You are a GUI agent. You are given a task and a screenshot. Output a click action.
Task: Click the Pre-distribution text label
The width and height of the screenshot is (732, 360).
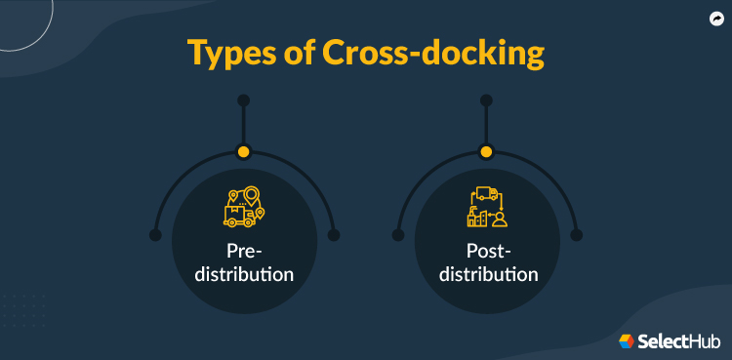(244, 262)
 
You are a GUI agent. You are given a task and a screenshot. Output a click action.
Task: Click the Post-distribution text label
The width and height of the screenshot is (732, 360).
(487, 262)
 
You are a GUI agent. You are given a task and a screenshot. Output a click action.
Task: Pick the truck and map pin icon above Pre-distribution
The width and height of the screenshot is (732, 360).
(244, 207)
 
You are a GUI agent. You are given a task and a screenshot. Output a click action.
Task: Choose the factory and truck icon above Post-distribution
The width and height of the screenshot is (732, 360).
(487, 207)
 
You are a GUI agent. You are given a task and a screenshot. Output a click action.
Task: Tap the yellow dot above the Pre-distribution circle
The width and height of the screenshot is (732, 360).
(244, 151)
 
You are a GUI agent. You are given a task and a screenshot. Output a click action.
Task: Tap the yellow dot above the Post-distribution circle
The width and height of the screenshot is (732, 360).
(487, 151)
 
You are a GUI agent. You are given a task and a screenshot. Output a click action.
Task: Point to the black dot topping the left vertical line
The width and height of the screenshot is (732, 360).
(244, 100)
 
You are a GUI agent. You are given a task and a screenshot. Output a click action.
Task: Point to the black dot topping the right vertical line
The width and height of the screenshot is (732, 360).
(487, 100)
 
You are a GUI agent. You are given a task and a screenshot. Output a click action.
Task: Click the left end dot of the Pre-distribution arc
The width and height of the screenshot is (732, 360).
(154, 235)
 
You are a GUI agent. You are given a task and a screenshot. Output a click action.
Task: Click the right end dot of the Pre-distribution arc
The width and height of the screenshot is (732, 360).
(334, 235)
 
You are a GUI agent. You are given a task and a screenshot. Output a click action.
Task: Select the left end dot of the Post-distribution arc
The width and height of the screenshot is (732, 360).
(397, 235)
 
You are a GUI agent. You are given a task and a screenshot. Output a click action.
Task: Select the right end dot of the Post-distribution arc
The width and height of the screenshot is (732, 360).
(576, 235)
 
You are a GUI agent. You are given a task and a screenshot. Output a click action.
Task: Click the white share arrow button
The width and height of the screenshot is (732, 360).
(714, 18)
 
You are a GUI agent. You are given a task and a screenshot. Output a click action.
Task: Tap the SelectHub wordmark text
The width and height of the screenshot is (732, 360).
(679, 340)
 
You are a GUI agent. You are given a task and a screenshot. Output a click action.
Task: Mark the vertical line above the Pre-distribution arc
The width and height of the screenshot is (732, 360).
(244, 125)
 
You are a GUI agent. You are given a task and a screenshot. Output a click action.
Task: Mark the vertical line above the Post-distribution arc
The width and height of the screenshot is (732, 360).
(487, 125)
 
